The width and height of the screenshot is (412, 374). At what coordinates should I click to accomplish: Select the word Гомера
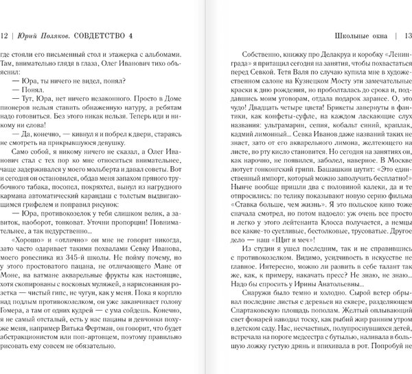click(x=14, y=304)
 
